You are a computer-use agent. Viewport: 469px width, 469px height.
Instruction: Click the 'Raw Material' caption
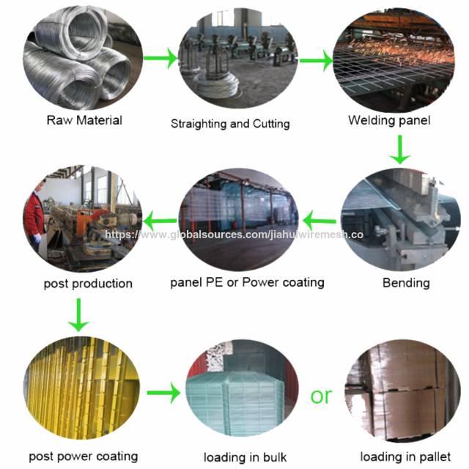click(84, 120)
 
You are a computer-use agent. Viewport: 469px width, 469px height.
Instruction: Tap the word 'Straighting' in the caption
click(199, 124)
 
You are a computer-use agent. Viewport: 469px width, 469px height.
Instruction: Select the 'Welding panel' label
click(389, 120)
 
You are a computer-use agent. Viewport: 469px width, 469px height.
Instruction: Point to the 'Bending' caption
click(406, 283)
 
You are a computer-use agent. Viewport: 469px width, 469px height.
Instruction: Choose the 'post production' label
click(88, 284)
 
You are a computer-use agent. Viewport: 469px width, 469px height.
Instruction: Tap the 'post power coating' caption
click(83, 457)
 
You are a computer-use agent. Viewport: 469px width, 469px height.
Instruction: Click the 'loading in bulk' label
click(245, 457)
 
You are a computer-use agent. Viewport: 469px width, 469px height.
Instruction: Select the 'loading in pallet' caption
click(405, 457)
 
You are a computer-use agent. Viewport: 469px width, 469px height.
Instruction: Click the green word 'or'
click(321, 396)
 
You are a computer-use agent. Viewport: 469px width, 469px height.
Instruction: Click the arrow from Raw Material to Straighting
click(161, 58)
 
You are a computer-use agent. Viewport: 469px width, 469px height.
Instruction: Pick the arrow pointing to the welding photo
click(317, 61)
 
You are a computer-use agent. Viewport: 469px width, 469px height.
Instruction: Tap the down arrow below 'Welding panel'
click(400, 149)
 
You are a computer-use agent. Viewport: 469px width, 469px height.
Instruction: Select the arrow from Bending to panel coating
click(320, 221)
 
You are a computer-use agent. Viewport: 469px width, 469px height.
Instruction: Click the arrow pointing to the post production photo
click(160, 221)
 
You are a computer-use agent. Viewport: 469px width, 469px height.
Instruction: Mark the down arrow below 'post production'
click(78, 315)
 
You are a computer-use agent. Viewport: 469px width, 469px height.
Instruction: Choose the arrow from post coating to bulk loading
click(164, 393)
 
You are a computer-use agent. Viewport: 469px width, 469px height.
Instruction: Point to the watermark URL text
click(234, 234)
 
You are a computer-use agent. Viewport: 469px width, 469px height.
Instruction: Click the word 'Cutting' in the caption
click(271, 124)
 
